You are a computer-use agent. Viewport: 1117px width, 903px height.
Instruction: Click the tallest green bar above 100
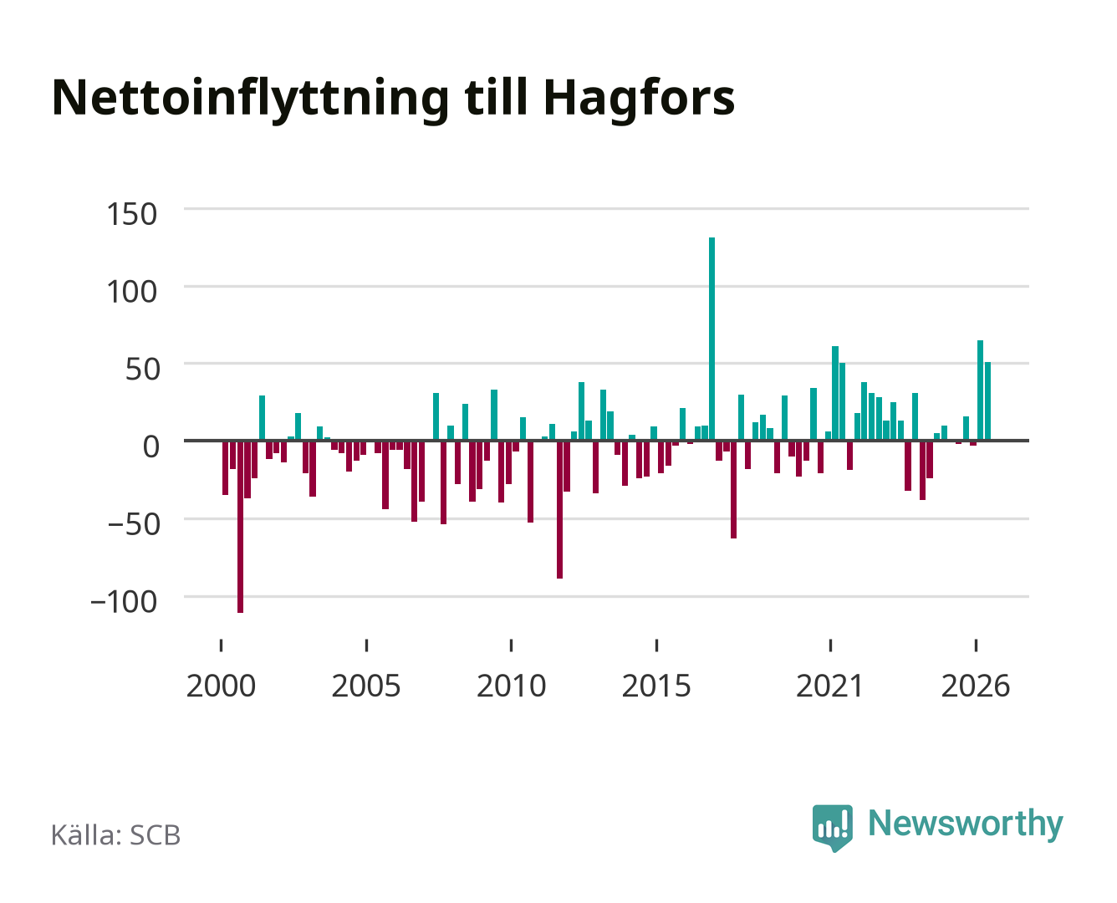[x=712, y=339]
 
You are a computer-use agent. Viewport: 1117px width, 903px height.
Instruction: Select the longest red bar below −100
[x=240, y=527]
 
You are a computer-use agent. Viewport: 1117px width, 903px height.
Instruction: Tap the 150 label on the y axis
[x=131, y=215]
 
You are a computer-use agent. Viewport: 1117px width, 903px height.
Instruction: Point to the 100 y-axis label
[x=131, y=292]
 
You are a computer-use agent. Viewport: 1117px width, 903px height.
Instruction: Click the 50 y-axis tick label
[x=142, y=370]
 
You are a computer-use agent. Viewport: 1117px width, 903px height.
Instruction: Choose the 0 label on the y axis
[x=151, y=446]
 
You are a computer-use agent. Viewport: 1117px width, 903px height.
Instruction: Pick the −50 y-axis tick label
[x=134, y=524]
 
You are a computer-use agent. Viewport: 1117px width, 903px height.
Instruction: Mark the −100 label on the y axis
[x=124, y=601]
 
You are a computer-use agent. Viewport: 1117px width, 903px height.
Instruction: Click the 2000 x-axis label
[x=221, y=686]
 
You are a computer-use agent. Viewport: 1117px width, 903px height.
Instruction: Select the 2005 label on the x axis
[x=366, y=686]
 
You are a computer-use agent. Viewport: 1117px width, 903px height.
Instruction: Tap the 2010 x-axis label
[x=512, y=686]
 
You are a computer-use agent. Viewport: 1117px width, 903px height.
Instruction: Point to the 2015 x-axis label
[x=656, y=686]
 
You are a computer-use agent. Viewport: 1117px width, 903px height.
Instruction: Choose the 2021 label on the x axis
[x=829, y=686]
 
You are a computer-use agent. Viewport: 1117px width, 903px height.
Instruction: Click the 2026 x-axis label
[x=976, y=686]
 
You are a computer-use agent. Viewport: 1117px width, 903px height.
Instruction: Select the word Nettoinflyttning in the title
[x=251, y=99]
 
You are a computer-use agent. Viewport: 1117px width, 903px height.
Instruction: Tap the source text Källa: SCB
[x=115, y=835]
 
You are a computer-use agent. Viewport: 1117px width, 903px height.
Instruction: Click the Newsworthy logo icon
[x=832, y=828]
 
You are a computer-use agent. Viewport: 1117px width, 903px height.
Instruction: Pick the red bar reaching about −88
[x=559, y=509]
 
